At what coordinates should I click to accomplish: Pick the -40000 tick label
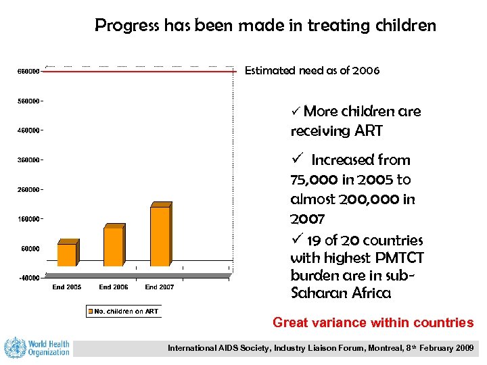pos(27,277)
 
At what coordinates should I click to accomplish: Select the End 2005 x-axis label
pos(67,287)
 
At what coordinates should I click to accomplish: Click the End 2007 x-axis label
pos(160,287)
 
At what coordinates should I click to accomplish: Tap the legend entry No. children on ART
pos(122,312)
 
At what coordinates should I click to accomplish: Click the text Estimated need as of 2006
pos(312,70)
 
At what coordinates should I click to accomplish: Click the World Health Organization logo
pos(37,347)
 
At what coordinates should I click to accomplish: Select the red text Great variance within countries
pos(373,323)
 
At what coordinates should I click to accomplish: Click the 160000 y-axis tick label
pos(27,219)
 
